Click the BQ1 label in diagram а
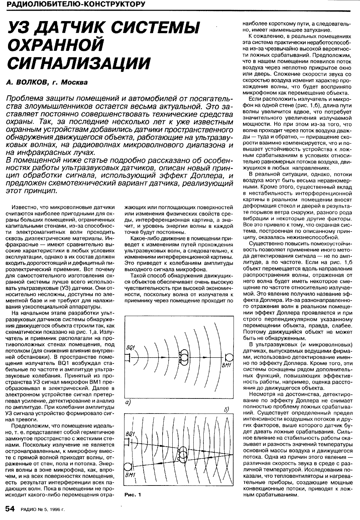pos(131,348)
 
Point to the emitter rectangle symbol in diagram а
pos(127,358)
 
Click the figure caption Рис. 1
pos(133,494)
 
